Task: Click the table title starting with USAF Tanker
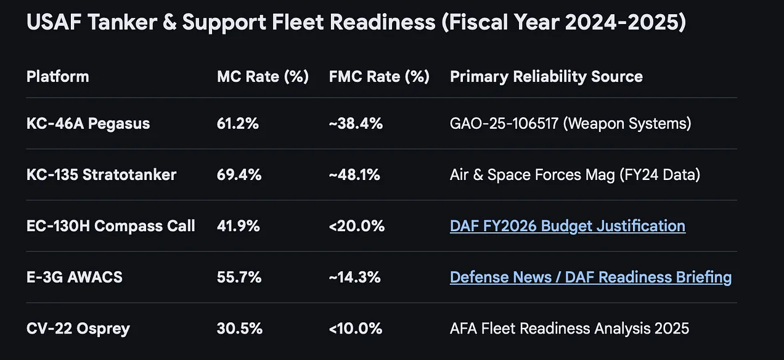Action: pyautogui.click(x=356, y=23)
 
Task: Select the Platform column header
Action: pyautogui.click(x=57, y=76)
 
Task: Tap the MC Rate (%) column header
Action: pyautogui.click(x=263, y=76)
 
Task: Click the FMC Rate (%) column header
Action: pyautogui.click(x=379, y=76)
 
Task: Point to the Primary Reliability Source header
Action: pyautogui.click(x=546, y=76)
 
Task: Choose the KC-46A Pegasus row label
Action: pyautogui.click(x=88, y=123)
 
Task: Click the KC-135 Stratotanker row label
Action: pyautogui.click(x=101, y=174)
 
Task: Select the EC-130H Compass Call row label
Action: pyautogui.click(x=111, y=226)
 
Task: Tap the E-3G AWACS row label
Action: pyautogui.click(x=75, y=277)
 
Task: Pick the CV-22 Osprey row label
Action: pyautogui.click(x=78, y=328)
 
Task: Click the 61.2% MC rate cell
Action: pyautogui.click(x=237, y=123)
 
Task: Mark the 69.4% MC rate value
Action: pyautogui.click(x=239, y=174)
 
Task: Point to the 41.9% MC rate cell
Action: pyautogui.click(x=238, y=226)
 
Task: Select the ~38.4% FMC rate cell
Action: pyautogui.click(x=356, y=123)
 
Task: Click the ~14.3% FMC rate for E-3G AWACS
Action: pyautogui.click(x=354, y=277)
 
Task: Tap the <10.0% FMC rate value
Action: pyautogui.click(x=356, y=328)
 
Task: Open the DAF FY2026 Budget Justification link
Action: pyautogui.click(x=567, y=226)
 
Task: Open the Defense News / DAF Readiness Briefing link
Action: pyautogui.click(x=590, y=277)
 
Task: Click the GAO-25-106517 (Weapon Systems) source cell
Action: pyautogui.click(x=570, y=123)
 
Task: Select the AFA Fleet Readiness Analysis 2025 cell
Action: pyautogui.click(x=569, y=328)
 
